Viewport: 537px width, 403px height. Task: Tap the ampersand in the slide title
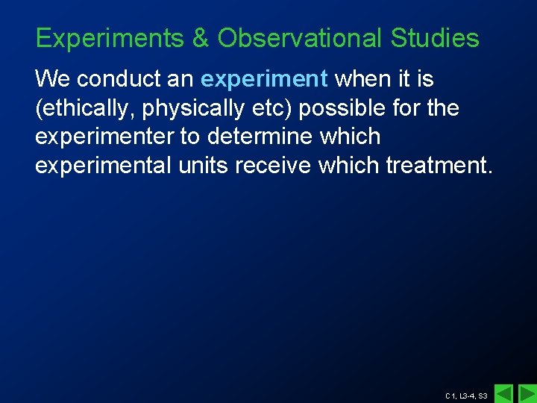point(201,38)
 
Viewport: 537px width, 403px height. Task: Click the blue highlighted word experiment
point(264,78)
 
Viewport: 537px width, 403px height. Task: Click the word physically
point(193,108)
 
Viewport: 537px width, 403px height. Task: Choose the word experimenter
point(105,137)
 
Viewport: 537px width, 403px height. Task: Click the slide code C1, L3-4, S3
point(466,396)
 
